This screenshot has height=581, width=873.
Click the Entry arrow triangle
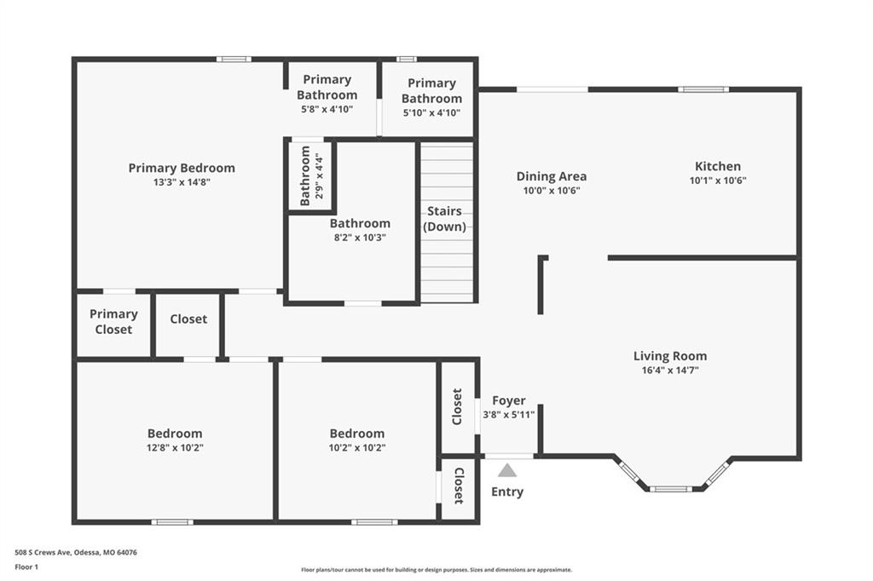506,471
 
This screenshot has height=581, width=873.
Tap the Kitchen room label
718,166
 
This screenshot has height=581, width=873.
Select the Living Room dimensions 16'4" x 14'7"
670,370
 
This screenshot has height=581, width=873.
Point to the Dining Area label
552,176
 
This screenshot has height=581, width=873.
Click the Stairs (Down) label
444,219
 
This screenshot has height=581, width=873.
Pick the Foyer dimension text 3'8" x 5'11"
508,414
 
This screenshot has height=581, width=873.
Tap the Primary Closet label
113,322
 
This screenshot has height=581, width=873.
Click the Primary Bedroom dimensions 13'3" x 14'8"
182,182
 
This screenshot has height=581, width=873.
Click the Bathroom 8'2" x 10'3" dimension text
360,238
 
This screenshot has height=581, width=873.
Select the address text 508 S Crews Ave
43,553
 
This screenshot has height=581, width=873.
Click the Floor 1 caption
26,567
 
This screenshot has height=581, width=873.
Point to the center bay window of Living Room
670,489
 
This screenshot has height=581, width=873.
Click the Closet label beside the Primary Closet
188,319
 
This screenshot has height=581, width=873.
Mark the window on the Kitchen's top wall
702,89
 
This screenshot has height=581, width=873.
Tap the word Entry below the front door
506,492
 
